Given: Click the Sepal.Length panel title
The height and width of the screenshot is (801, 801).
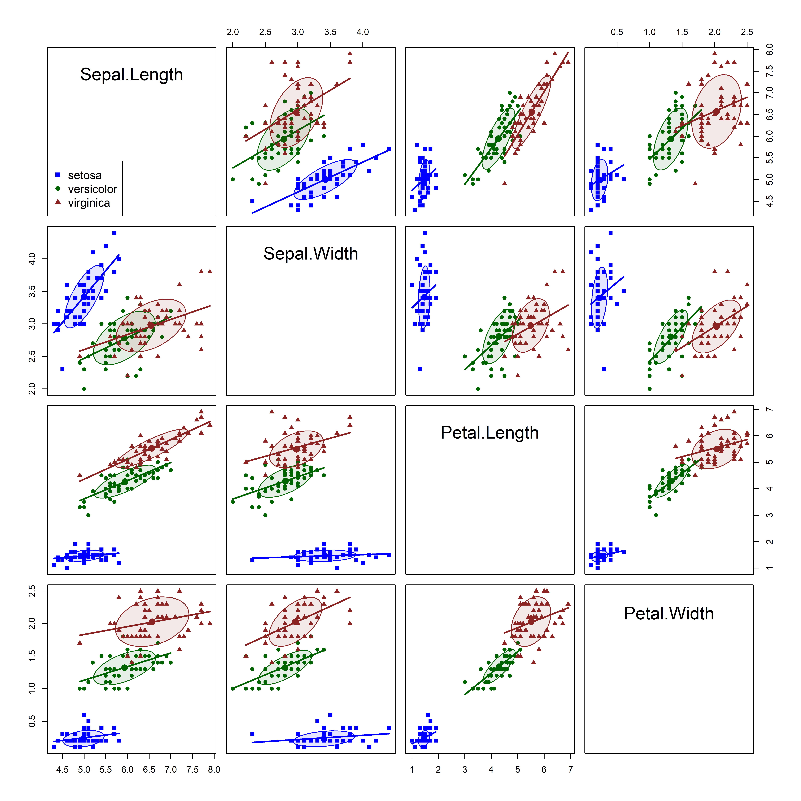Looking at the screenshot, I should [x=131, y=75].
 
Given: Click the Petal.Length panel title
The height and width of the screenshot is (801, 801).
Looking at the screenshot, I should [x=490, y=433].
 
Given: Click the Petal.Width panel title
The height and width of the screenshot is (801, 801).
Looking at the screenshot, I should [x=669, y=614].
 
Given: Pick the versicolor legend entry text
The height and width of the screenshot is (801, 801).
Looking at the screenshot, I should [x=93, y=189].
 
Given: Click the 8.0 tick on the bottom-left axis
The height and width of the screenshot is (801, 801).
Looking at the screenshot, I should [x=214, y=769].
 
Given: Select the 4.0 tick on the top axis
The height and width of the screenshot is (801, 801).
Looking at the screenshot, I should [x=363, y=32].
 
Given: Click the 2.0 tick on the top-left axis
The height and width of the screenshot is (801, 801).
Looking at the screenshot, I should [x=233, y=32].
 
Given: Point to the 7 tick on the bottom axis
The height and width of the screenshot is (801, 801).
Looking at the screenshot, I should [x=570, y=769].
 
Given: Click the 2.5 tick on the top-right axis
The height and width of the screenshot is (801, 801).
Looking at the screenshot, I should [x=747, y=32].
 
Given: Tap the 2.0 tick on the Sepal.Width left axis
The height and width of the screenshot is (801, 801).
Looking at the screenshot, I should [x=32, y=389].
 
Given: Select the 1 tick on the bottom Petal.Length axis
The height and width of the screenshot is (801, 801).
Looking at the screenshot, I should [x=412, y=769].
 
